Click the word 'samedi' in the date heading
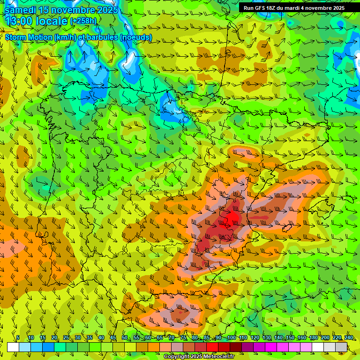point(21,10)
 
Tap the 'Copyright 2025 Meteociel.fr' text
point(199,357)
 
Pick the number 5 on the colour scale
point(18,338)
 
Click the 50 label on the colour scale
point(125,338)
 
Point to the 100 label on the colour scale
point(231,338)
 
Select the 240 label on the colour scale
point(349,338)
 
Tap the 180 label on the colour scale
point(313,338)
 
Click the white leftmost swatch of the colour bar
point(13,347)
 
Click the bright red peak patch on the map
point(232,217)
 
